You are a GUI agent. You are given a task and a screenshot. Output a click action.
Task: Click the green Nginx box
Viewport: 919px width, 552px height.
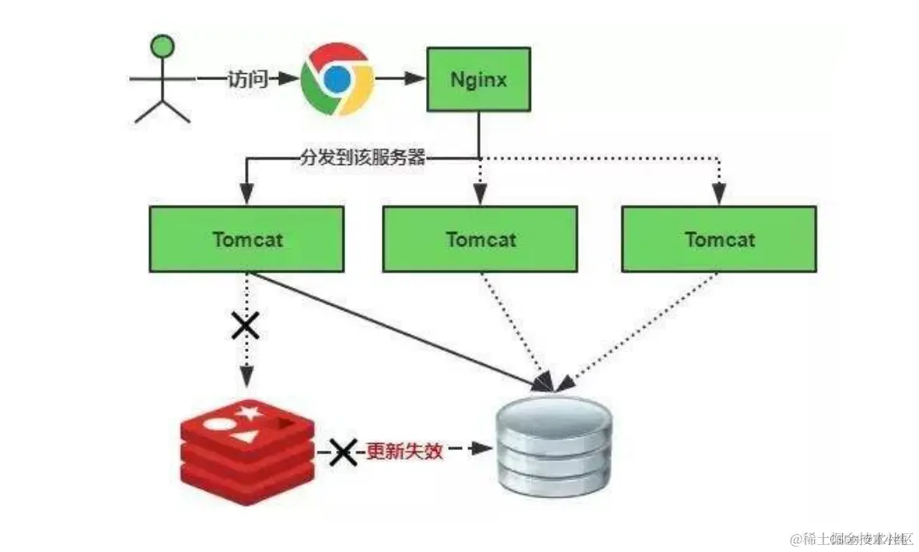[479, 79]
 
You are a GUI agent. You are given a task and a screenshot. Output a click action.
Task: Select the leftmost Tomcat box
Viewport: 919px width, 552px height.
[246, 238]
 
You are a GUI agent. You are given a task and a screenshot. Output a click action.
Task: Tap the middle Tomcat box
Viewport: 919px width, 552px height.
[480, 238]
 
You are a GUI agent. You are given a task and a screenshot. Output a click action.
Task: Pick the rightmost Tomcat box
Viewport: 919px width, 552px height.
[719, 238]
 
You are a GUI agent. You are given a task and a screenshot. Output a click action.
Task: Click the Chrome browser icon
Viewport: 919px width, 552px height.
[337, 79]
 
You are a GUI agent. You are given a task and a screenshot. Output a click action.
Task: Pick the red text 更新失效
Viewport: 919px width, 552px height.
[404, 451]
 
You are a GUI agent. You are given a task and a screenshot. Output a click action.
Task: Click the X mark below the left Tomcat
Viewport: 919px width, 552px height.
[246, 326]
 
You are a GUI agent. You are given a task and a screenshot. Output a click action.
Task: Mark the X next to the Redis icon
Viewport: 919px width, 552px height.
[341, 451]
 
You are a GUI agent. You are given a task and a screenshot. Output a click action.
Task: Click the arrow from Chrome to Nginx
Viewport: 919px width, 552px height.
[401, 79]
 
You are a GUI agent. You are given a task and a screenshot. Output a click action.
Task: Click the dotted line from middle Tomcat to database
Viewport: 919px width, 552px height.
[513, 327]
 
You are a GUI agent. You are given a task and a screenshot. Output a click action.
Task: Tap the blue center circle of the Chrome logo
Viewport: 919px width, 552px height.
[337, 79]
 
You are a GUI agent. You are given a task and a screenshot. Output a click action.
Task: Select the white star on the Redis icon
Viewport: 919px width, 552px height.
[250, 410]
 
